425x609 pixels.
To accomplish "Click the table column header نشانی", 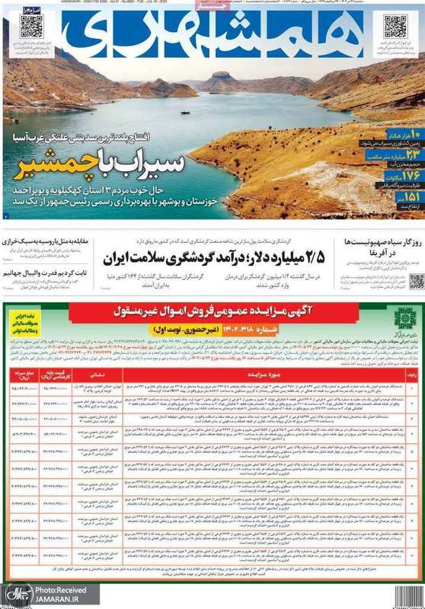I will pos(100,354).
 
